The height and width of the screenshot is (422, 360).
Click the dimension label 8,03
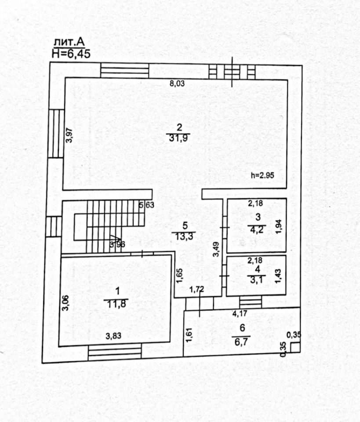177,84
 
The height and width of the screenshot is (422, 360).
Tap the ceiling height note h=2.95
262,175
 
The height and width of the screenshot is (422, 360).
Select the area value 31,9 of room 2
179,138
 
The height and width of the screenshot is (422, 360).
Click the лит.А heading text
69,43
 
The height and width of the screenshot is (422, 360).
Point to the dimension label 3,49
216,250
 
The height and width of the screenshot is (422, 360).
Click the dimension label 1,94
278,226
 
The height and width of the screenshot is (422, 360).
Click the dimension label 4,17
239,313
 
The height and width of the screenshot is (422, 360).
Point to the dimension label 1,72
196,289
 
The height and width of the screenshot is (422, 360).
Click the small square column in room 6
295,347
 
